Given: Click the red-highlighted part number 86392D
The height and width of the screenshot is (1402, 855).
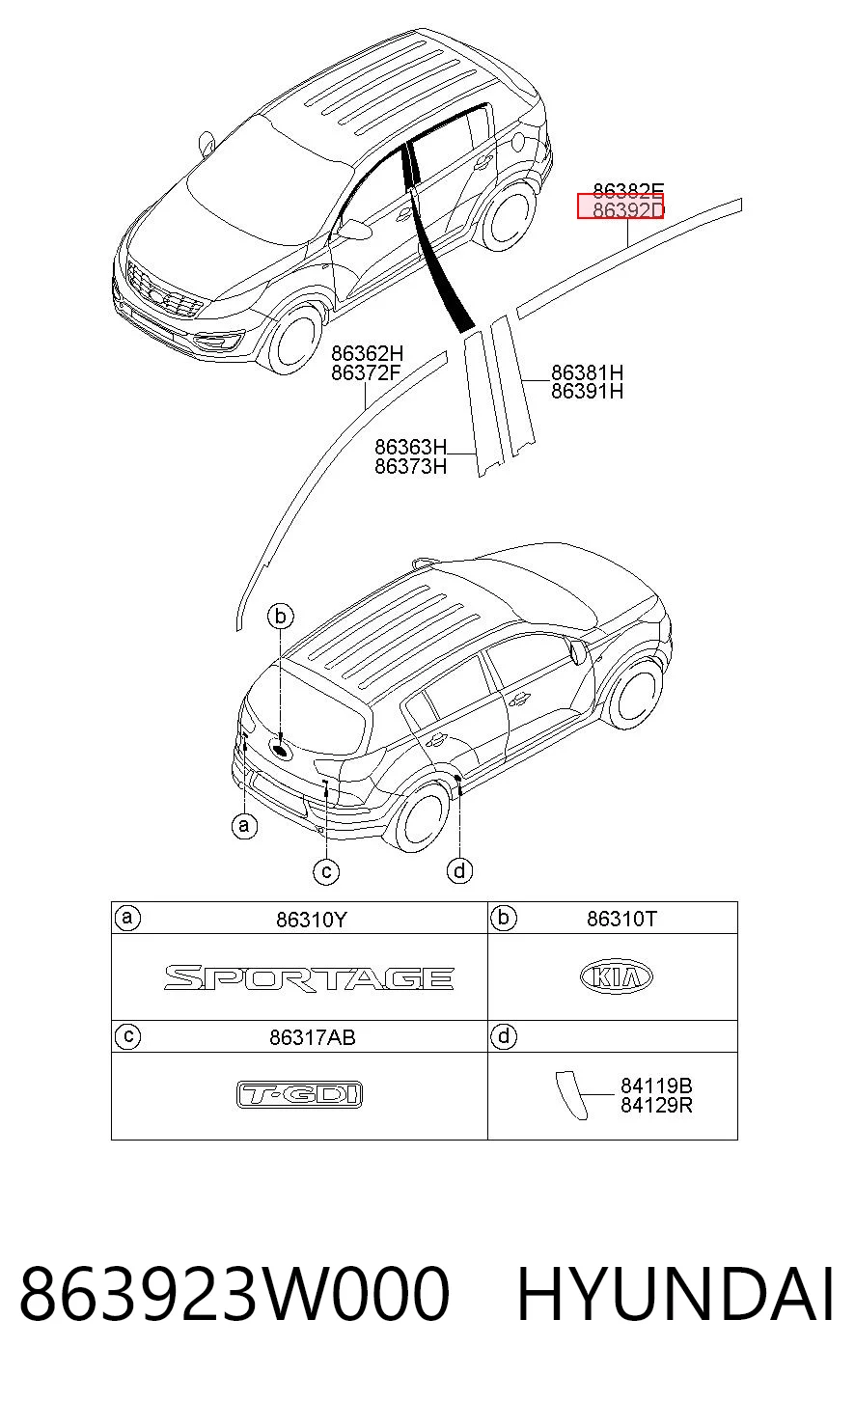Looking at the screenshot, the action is (627, 209).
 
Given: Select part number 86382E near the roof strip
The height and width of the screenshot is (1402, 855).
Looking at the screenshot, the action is (628, 190).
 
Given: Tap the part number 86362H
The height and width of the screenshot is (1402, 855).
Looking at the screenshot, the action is (367, 353).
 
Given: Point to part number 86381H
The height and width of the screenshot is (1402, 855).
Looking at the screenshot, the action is (587, 372).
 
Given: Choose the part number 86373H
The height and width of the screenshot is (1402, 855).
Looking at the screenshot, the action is (410, 466).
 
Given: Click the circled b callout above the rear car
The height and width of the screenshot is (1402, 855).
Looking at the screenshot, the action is (281, 617).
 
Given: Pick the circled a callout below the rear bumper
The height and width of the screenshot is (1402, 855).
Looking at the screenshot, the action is (244, 826).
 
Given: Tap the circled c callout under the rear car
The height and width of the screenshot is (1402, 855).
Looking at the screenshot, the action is (326, 872).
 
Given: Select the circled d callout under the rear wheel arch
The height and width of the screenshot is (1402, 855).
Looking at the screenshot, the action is (459, 870).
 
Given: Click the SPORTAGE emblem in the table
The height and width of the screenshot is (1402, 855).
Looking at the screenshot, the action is (309, 977).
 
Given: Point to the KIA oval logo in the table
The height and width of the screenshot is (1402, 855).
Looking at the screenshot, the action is (617, 977).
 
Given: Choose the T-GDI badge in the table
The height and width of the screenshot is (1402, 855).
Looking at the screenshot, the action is (300, 1095).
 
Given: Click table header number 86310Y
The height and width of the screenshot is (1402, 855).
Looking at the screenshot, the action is (311, 920).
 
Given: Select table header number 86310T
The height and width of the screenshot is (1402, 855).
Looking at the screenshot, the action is (621, 919).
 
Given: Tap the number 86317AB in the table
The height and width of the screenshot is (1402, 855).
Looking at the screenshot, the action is (313, 1037).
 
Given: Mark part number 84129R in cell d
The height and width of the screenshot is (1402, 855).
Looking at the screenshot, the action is (656, 1106).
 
